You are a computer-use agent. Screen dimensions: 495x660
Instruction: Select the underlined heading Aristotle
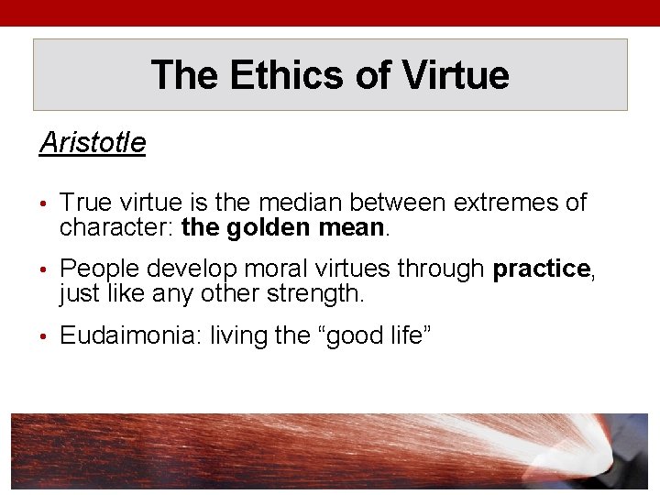(x=93, y=143)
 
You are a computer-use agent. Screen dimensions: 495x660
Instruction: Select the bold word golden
(x=269, y=226)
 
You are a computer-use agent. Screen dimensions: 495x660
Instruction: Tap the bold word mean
(x=352, y=226)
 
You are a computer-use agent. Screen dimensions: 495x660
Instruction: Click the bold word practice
(x=541, y=269)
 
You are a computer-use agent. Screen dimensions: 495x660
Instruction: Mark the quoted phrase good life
(x=379, y=335)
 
